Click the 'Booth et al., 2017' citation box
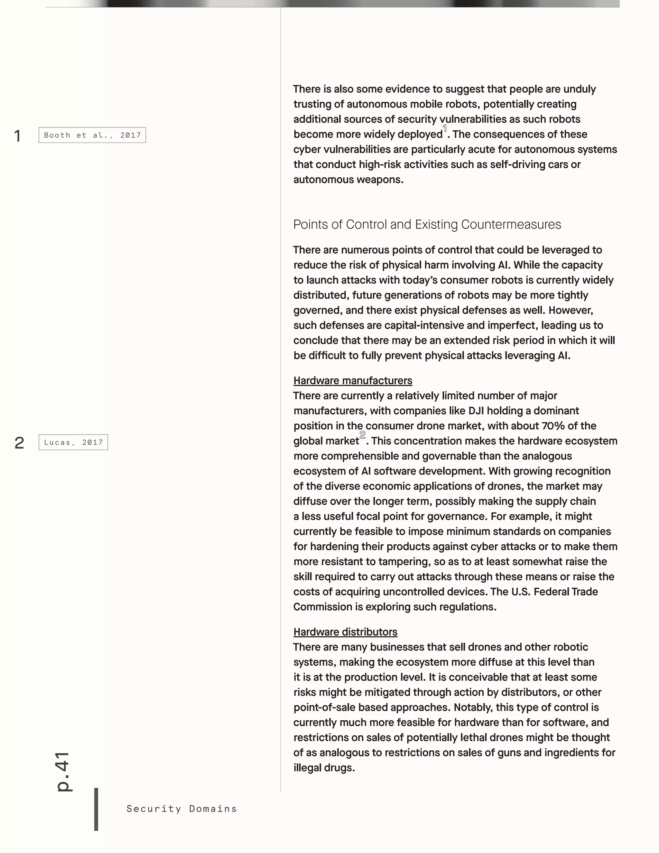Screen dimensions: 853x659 92,135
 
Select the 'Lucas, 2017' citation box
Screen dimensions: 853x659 73,442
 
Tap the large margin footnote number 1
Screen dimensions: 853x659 18,136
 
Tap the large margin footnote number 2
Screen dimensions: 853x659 19,443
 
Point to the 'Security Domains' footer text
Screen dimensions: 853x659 181,809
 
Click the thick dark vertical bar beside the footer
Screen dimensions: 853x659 96,809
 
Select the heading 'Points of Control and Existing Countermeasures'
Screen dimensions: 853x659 427,225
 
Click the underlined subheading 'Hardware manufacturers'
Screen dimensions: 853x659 353,381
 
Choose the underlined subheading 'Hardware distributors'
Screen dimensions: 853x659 345,632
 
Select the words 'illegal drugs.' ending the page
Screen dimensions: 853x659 324,768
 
